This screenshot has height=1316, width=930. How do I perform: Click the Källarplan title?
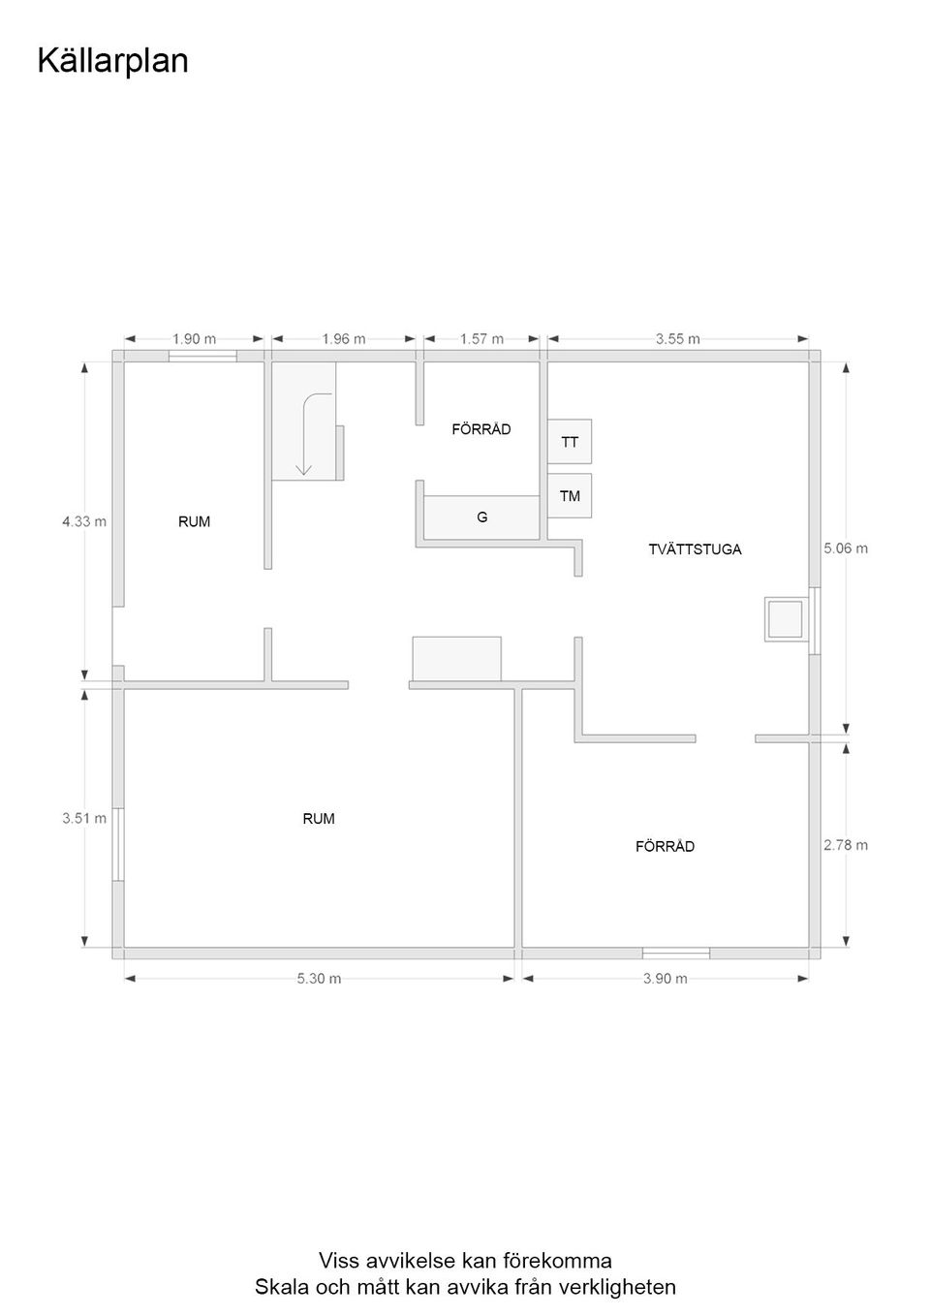(x=112, y=61)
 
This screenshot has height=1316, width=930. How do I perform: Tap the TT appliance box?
(x=570, y=442)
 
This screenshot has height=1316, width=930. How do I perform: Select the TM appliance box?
(x=570, y=496)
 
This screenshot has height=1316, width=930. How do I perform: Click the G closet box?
(x=481, y=517)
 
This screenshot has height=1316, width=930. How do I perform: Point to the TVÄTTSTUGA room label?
(x=695, y=549)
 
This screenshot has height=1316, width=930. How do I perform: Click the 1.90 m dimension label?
(x=194, y=339)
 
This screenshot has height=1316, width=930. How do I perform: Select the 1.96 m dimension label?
(x=344, y=339)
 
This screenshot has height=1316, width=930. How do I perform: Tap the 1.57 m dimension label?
(x=481, y=339)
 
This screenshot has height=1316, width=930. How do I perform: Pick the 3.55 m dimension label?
(x=677, y=339)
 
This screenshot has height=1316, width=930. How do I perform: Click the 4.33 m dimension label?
(x=84, y=521)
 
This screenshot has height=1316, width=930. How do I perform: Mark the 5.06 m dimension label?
(x=846, y=548)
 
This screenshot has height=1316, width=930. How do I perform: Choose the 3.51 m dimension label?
(x=84, y=818)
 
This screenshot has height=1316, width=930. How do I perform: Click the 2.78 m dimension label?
(x=846, y=845)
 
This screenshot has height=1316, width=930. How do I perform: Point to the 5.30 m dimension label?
(x=319, y=979)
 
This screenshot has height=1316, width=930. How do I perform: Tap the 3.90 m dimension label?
(x=665, y=979)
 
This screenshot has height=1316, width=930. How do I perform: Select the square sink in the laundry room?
(x=785, y=618)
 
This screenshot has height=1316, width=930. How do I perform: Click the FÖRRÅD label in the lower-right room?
(x=665, y=847)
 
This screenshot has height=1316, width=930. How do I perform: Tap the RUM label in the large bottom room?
(x=319, y=819)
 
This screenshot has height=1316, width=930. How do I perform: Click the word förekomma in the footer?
(x=557, y=1261)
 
